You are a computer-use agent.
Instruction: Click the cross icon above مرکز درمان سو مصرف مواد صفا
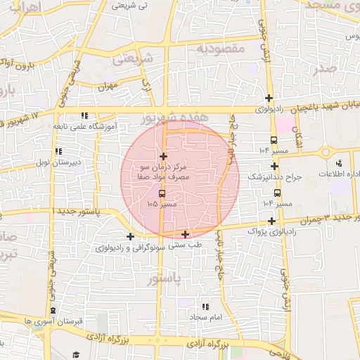164,156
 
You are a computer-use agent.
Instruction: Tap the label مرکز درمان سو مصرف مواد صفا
165,173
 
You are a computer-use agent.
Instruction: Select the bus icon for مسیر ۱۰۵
163,193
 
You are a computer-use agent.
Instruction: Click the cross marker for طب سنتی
185,234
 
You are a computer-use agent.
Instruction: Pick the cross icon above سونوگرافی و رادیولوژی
130,236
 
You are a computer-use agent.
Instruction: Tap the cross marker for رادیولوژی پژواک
272,222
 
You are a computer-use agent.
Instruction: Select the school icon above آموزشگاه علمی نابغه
84,115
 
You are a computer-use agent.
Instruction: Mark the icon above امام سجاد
205,307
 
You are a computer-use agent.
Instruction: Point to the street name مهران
107,86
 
